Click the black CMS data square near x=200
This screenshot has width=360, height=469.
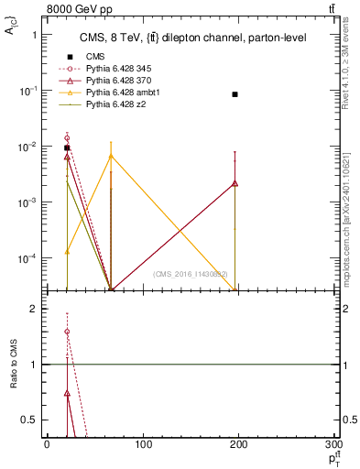[235, 94]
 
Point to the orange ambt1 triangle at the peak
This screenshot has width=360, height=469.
[111, 156]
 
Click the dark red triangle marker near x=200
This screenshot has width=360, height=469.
[235, 183]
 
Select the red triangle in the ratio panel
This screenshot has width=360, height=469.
[67, 393]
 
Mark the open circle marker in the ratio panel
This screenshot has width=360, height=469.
[67, 332]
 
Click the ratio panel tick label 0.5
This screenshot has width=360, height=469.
[30, 420]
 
